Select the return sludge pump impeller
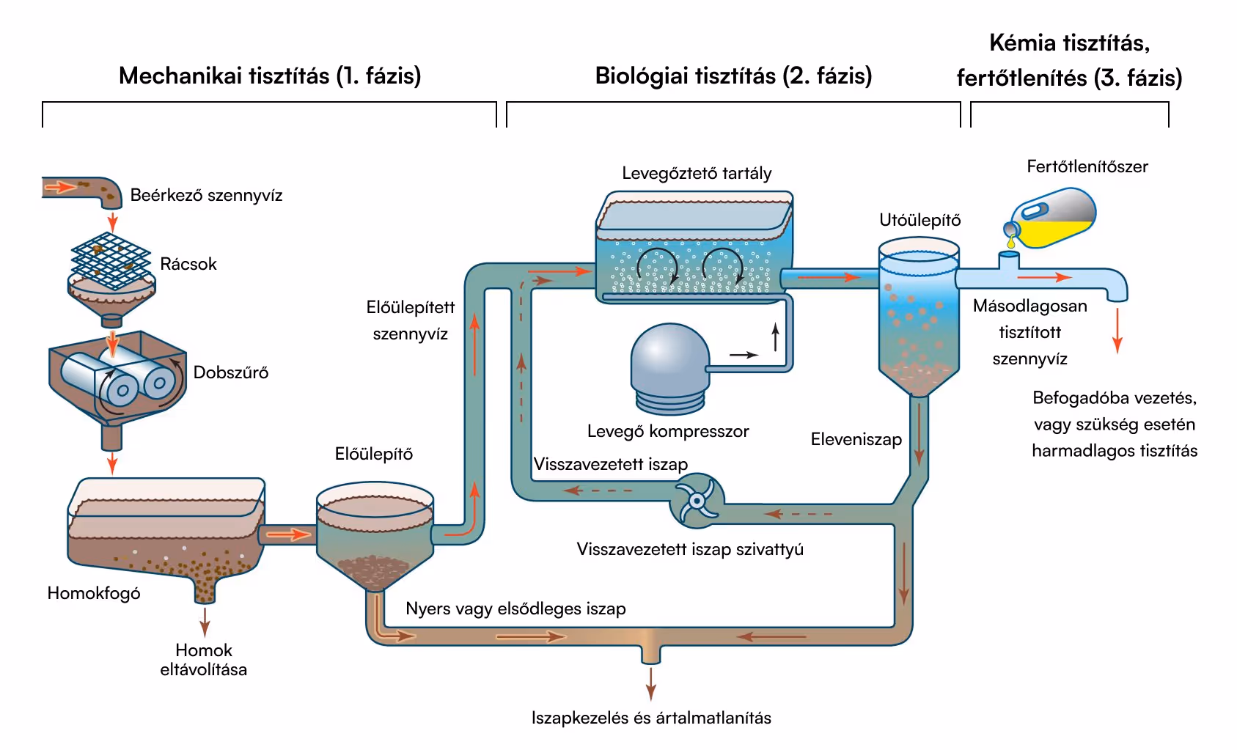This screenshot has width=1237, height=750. click(x=696, y=501)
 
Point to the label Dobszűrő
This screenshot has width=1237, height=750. click(x=230, y=372)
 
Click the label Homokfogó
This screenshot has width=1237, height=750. click(x=94, y=593)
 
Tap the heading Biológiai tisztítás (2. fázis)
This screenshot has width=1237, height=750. click(x=733, y=76)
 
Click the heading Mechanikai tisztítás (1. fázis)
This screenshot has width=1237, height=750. click(x=270, y=76)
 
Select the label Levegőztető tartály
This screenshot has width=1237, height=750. click(x=697, y=174)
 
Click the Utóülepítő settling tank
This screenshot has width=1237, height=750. click(x=918, y=315)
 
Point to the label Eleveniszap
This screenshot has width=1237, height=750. click(x=856, y=440)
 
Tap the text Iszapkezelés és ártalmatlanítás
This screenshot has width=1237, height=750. click(x=651, y=718)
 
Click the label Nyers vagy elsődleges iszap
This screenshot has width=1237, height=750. click(x=515, y=609)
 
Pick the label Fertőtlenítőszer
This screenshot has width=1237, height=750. click(x=1087, y=167)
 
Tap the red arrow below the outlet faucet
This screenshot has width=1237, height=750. click(x=1117, y=331)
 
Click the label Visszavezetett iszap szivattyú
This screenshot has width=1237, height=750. click(x=689, y=550)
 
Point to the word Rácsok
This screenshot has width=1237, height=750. click(x=188, y=264)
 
